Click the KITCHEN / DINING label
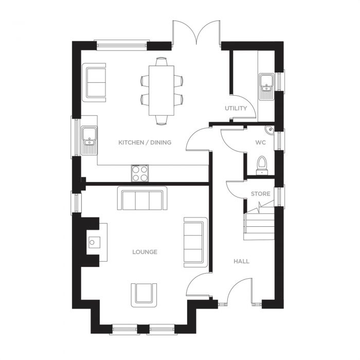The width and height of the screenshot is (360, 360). click(x=145, y=142)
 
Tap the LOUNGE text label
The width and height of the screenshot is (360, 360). click(x=145, y=252)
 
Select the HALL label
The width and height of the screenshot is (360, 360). click(x=241, y=261)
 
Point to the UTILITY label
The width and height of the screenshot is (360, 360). click(x=236, y=109)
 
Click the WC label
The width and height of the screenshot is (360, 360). click(x=260, y=142)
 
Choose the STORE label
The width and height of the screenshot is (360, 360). click(x=260, y=194)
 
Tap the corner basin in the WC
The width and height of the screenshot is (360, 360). click(x=269, y=130)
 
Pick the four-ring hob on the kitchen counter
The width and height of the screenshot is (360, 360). click(x=140, y=173)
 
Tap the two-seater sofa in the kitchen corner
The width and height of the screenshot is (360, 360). click(x=95, y=81)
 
